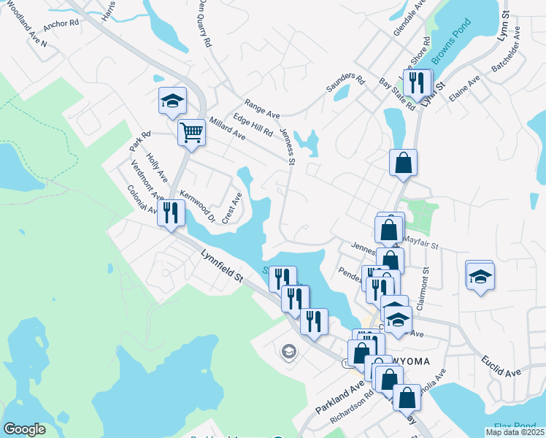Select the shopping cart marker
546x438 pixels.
click(191, 134)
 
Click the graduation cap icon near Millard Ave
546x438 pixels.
click(172, 101)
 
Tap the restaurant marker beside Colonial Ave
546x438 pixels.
click(171, 213)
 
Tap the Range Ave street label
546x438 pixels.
click(263, 109)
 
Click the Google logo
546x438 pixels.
click(24, 429)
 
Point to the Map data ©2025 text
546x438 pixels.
click(514, 432)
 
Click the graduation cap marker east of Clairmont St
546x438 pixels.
click(480, 277)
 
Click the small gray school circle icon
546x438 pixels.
click(289, 353)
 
